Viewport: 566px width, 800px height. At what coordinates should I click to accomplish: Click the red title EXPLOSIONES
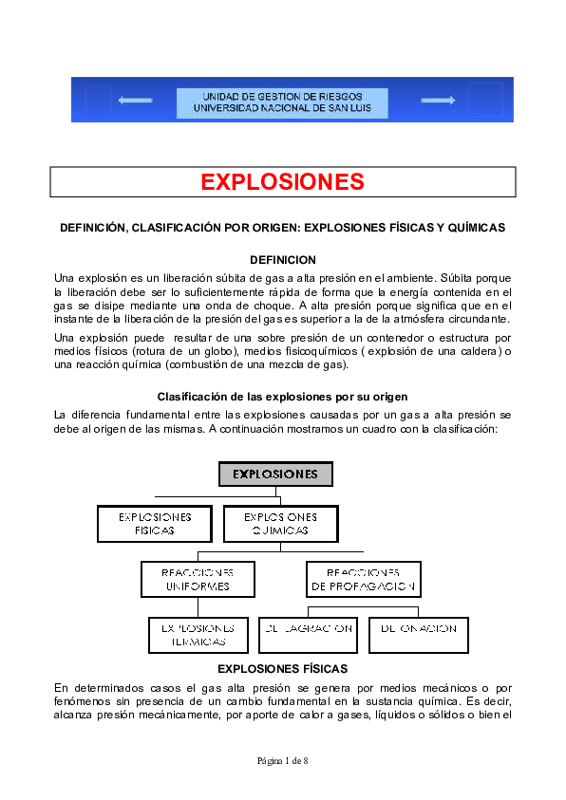282,182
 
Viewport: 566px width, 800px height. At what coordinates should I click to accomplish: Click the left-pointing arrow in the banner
135,100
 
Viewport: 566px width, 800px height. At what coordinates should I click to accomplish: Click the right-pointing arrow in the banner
438,100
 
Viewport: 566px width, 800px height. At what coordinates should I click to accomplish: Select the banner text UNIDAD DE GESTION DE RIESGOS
282,97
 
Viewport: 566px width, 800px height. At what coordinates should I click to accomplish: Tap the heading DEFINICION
282,260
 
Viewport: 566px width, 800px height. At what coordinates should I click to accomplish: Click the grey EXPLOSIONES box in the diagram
275,474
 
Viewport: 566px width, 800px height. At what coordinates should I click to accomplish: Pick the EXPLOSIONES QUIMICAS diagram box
280,524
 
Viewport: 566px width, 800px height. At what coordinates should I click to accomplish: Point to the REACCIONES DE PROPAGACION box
362,579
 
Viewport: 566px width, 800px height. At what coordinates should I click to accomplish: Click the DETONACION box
418,635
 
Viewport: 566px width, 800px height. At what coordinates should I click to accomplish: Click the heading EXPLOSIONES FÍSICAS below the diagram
282,669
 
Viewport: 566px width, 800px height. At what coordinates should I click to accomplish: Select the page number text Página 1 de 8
282,761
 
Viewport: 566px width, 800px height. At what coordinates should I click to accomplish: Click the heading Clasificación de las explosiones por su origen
282,397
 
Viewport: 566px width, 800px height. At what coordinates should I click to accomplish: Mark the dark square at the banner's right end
485,100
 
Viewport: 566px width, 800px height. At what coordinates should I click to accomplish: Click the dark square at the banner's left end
98,100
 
